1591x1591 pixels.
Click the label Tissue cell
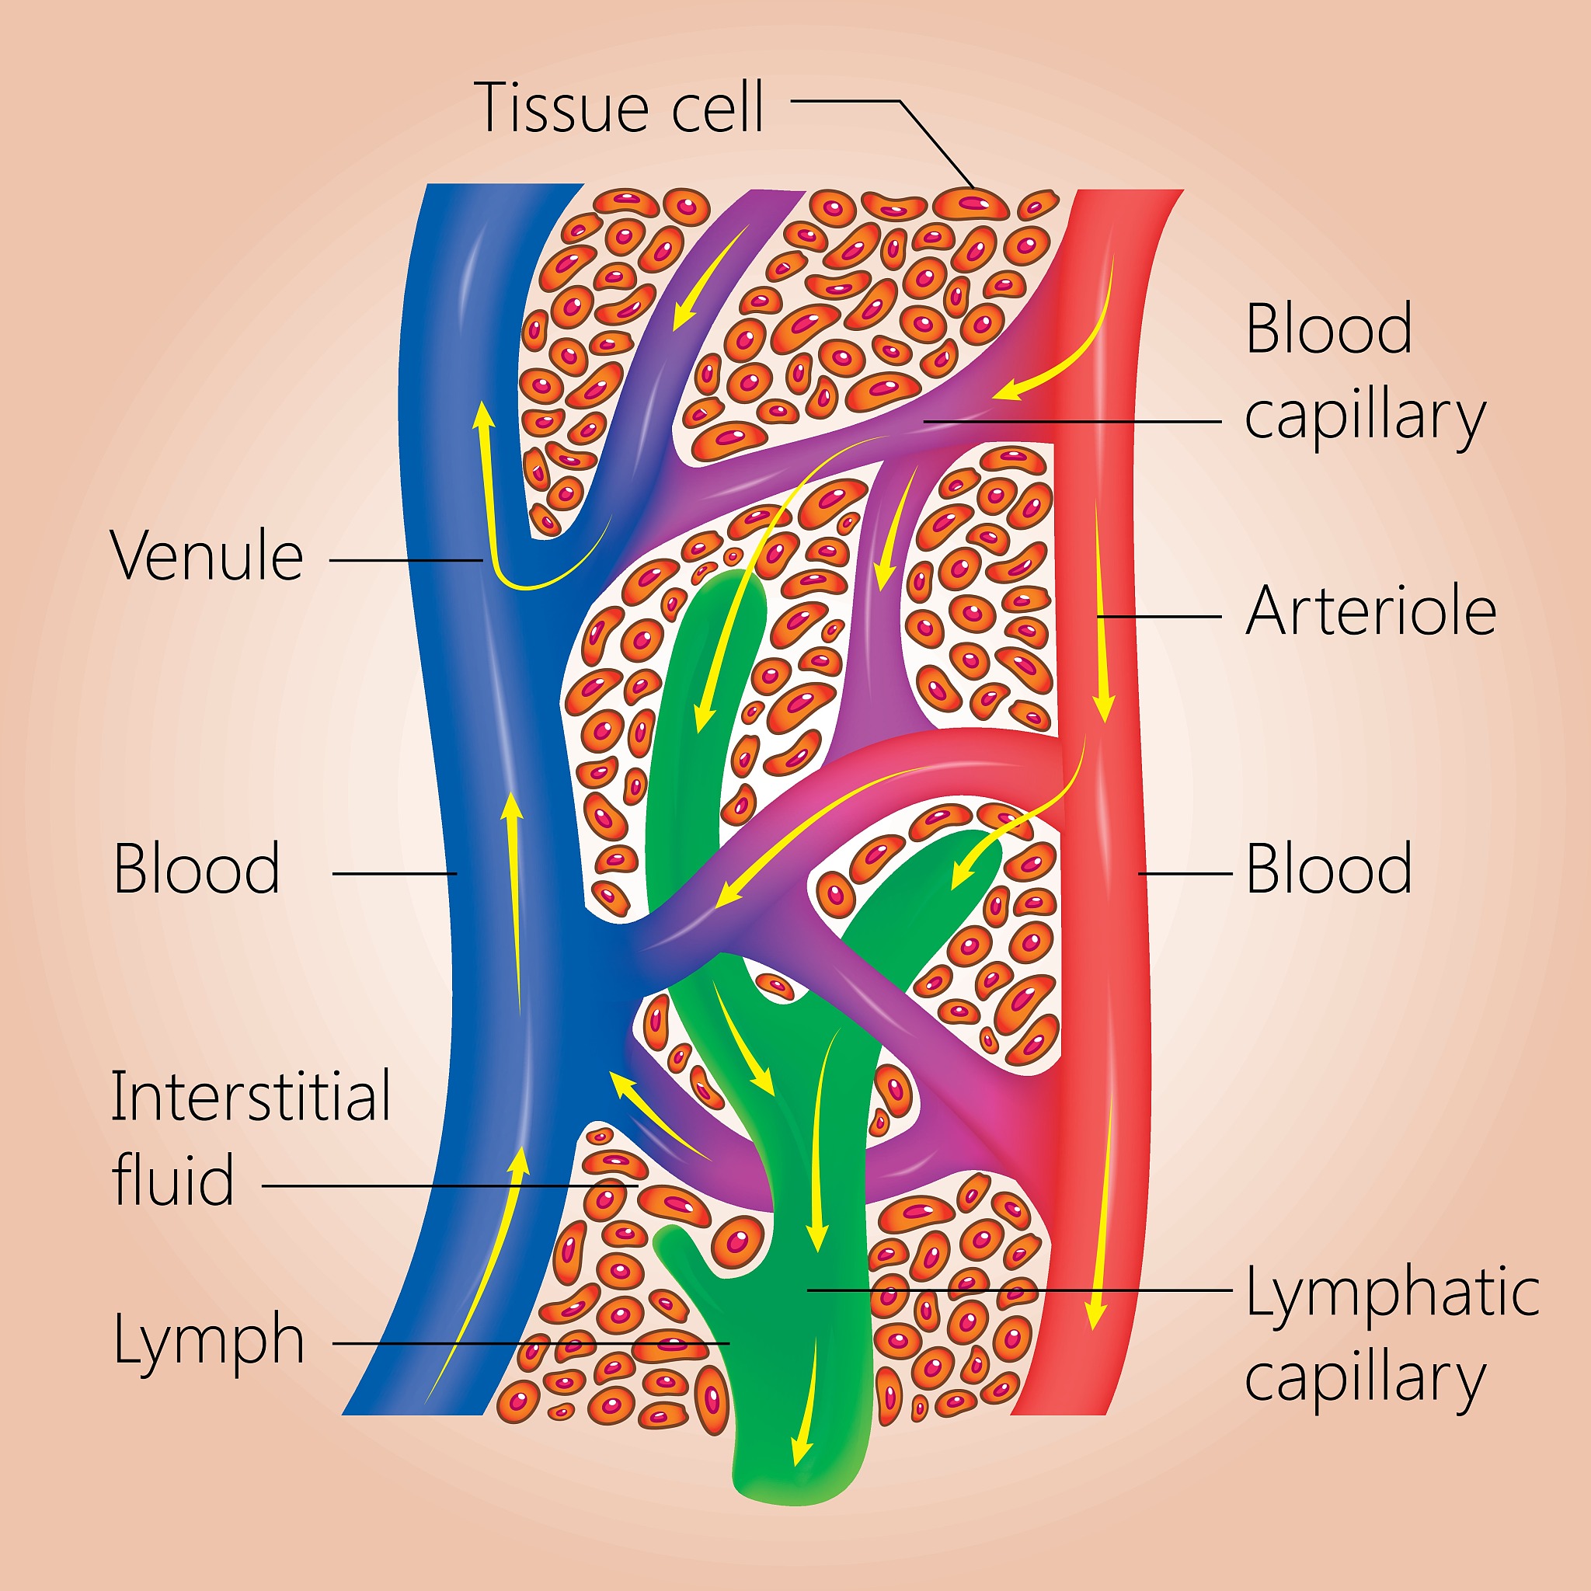(619, 107)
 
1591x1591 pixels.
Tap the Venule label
(207, 556)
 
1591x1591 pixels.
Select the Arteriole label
(1370, 611)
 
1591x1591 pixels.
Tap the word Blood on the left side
(197, 869)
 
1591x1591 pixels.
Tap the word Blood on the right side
(1328, 869)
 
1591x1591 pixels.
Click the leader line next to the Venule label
(406, 561)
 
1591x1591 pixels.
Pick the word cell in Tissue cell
(717, 107)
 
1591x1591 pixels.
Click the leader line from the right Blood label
(1185, 873)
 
